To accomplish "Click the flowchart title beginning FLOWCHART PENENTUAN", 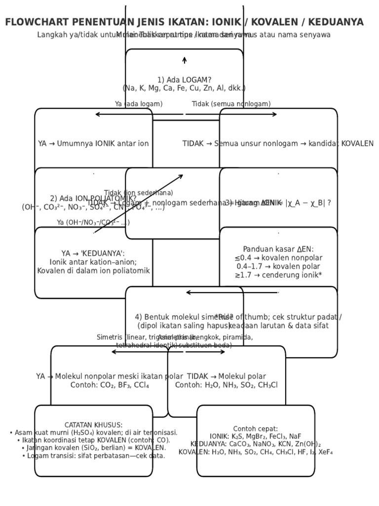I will pos(184,22).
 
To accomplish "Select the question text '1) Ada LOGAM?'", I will pos(184,80).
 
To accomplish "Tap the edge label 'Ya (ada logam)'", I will pos(139,104).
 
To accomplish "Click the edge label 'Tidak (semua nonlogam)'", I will pos(231,104).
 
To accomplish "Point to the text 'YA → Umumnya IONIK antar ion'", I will pos(93,144).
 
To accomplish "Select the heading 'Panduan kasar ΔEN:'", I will pos(278,250).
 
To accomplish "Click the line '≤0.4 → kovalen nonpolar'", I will pos(278,258).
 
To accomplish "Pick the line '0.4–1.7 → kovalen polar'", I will pos(278,266).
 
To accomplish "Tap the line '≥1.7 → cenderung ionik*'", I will pos(278,275).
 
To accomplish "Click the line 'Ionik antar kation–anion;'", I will pos(93,262).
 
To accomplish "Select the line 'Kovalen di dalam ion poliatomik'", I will pos(93,271).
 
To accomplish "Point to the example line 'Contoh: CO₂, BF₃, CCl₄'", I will pos(110,385).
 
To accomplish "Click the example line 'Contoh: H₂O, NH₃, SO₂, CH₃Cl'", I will pos(227,385).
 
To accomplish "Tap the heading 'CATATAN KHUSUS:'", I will pos(93,425).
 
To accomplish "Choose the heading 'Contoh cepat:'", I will pos(256,429).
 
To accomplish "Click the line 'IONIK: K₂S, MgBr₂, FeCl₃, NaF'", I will pos(256,436).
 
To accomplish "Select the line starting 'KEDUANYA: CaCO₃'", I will pos(256,444).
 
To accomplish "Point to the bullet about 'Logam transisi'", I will pos(93,456).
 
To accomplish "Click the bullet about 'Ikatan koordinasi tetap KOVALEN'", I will pos(93,440).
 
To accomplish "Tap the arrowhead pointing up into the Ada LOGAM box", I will pos(185,60).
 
